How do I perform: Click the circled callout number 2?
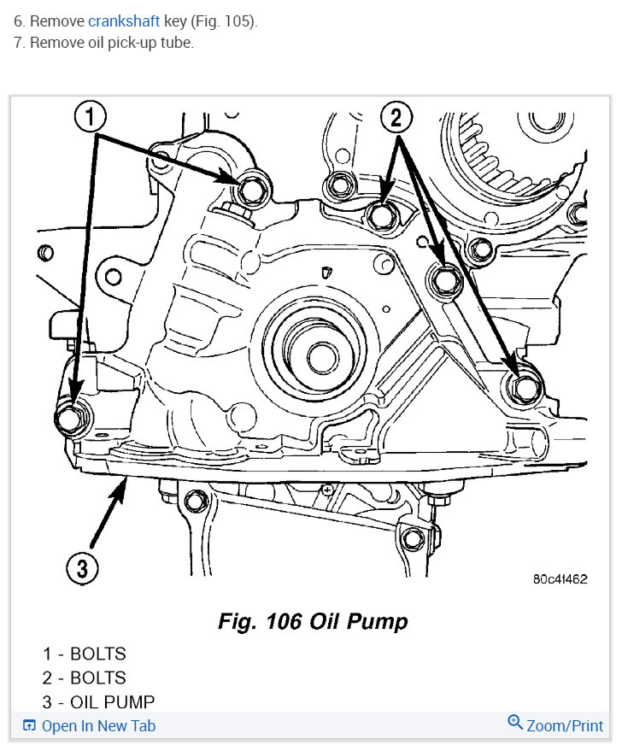pos(395,117)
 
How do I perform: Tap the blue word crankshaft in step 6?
pos(124,21)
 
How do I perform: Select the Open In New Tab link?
pos(97,726)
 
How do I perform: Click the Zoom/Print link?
pos(565,726)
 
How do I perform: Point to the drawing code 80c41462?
pos(560,578)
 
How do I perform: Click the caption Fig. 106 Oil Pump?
pos(312,621)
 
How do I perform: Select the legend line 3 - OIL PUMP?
pos(99,702)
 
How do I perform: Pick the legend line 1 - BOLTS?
pos(85,654)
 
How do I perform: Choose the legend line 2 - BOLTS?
pos(85,678)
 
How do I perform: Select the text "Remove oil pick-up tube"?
pos(111,43)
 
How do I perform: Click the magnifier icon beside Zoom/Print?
pos(514,723)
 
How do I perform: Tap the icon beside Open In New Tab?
pos(29,726)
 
